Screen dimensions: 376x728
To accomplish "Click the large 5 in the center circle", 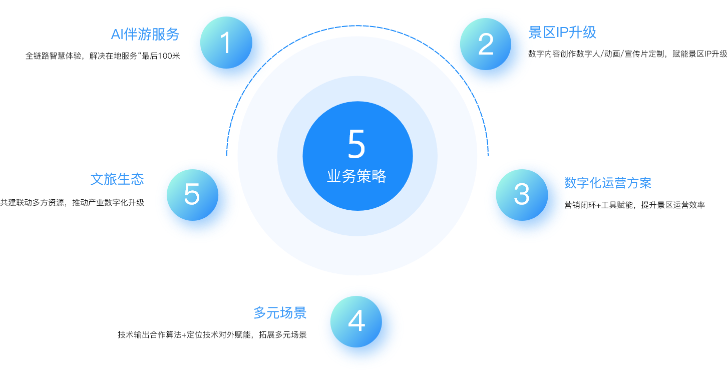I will (x=356, y=145).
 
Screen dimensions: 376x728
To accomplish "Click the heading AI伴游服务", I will (x=145, y=34).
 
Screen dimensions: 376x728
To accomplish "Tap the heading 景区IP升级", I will (x=563, y=33).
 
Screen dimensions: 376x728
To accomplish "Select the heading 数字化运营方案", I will (x=608, y=183).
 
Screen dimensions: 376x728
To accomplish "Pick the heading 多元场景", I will (x=280, y=313).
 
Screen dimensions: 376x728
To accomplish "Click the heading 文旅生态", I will (x=117, y=179).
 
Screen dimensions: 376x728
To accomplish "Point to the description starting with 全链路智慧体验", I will (x=103, y=56).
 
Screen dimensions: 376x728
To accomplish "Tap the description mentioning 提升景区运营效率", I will (x=635, y=205).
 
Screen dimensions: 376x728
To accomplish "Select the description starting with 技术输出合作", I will (x=212, y=335).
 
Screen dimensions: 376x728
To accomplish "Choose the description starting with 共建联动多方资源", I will (x=72, y=203).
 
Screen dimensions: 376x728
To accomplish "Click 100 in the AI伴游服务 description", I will (x=164, y=56).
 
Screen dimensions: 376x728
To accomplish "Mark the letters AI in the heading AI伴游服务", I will (x=117, y=35).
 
